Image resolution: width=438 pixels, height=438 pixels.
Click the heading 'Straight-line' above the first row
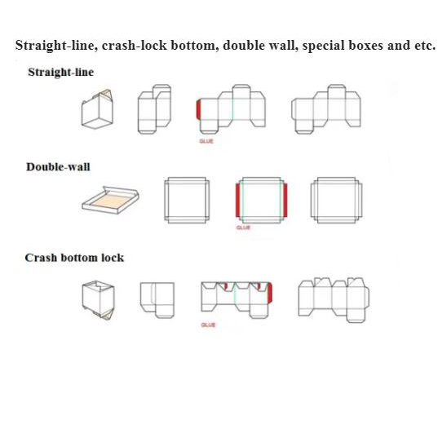click(x=60, y=73)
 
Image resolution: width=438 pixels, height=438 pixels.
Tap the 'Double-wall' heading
click(x=58, y=166)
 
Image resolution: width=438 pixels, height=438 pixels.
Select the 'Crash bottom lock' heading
click(x=74, y=258)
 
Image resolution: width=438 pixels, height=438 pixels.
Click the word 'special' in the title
click(x=324, y=46)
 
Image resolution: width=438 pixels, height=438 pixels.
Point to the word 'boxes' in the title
click(x=365, y=45)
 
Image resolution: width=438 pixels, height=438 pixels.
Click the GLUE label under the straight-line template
click(x=206, y=141)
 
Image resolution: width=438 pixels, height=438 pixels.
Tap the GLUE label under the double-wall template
click(x=243, y=228)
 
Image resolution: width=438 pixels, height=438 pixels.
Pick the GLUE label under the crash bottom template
click(x=208, y=325)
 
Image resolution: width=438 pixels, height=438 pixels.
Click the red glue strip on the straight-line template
click(x=198, y=109)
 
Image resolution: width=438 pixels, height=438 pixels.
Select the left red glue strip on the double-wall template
click(x=237, y=200)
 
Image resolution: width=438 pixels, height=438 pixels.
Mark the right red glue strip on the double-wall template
click(x=285, y=200)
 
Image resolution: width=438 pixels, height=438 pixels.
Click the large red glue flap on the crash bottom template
click(x=269, y=293)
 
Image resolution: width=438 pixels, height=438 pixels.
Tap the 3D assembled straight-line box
click(x=97, y=109)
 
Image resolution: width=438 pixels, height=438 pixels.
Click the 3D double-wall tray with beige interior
click(x=111, y=200)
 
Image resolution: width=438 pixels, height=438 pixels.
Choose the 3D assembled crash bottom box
click(x=98, y=300)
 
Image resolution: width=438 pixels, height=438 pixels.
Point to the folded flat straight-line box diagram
click(x=154, y=109)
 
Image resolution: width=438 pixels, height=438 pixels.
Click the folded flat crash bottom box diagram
click(x=157, y=300)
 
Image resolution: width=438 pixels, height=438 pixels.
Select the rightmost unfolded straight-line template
click(x=326, y=109)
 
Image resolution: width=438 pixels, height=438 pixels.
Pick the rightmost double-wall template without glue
click(x=337, y=200)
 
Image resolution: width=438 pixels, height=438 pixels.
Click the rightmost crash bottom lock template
click(x=334, y=300)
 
